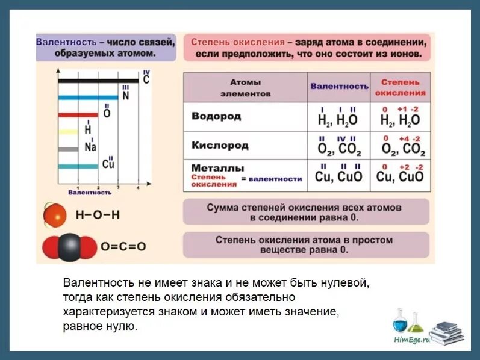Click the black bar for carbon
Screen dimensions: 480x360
[99, 80]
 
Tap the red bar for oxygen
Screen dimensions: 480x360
[78, 114]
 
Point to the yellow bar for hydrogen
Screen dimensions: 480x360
[68, 131]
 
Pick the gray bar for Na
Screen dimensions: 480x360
[68, 149]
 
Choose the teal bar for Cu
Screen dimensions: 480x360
[78, 166]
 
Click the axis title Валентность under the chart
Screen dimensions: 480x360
[90, 193]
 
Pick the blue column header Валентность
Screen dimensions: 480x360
[339, 86]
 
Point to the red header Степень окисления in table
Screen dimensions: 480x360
[400, 87]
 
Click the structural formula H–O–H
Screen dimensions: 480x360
[98, 216]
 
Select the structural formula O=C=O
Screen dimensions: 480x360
[123, 246]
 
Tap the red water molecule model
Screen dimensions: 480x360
[55, 216]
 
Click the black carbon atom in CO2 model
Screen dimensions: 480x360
[69, 246]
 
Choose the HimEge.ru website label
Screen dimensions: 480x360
[412, 340]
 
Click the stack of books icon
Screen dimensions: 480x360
[448, 333]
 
